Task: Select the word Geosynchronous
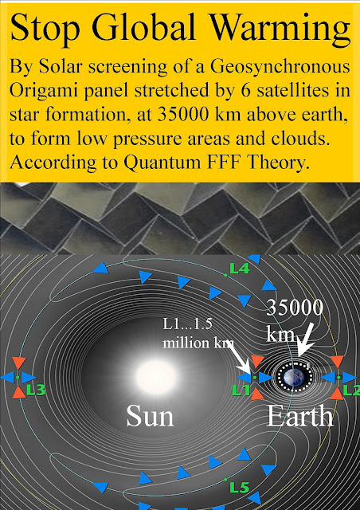(x=280, y=68)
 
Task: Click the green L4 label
(x=240, y=269)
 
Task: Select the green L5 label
(x=240, y=487)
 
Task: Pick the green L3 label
(x=36, y=390)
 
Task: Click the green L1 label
(x=241, y=390)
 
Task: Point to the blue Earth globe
(x=294, y=377)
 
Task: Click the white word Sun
(x=150, y=416)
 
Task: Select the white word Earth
(x=300, y=416)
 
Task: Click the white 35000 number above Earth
(x=295, y=308)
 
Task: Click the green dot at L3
(x=18, y=377)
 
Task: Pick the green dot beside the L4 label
(x=225, y=276)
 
